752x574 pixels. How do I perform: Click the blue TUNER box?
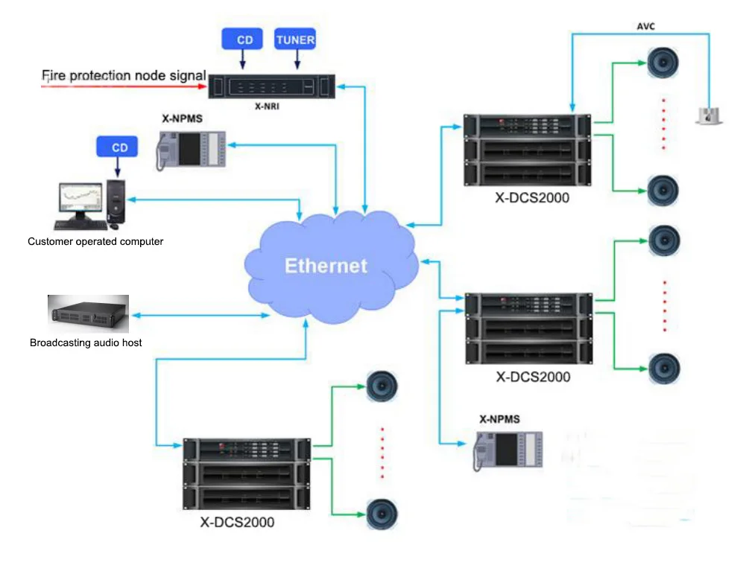[x=295, y=39]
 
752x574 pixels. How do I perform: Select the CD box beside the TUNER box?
[x=244, y=39]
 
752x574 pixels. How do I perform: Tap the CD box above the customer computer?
[x=119, y=147]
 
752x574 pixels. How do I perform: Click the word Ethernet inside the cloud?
[x=326, y=266]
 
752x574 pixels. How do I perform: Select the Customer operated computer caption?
[x=95, y=241]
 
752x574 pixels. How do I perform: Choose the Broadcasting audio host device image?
[x=89, y=313]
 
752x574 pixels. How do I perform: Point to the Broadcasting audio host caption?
[x=86, y=342]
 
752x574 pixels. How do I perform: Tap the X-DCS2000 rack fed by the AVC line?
[x=526, y=150]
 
